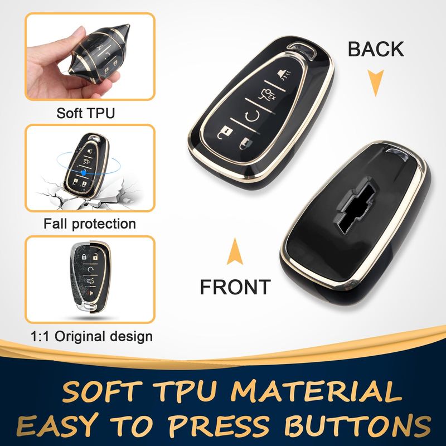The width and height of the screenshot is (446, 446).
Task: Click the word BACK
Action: pyautogui.click(x=376, y=49)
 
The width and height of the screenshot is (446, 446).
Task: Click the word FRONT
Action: pyautogui.click(x=235, y=287)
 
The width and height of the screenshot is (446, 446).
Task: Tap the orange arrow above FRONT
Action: pyautogui.click(x=235, y=251)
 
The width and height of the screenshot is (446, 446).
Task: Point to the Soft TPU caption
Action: pyautogui.click(x=86, y=113)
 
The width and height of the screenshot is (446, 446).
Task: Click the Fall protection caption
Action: pyautogui.click(x=90, y=224)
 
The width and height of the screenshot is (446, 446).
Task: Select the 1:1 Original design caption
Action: pyautogui.click(x=91, y=336)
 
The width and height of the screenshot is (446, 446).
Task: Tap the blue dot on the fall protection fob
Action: pyautogui.click(x=84, y=172)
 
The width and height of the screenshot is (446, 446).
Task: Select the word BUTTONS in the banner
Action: pyautogui.click(x=357, y=425)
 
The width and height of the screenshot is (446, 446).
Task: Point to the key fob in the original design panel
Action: pyautogui.click(x=90, y=277)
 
